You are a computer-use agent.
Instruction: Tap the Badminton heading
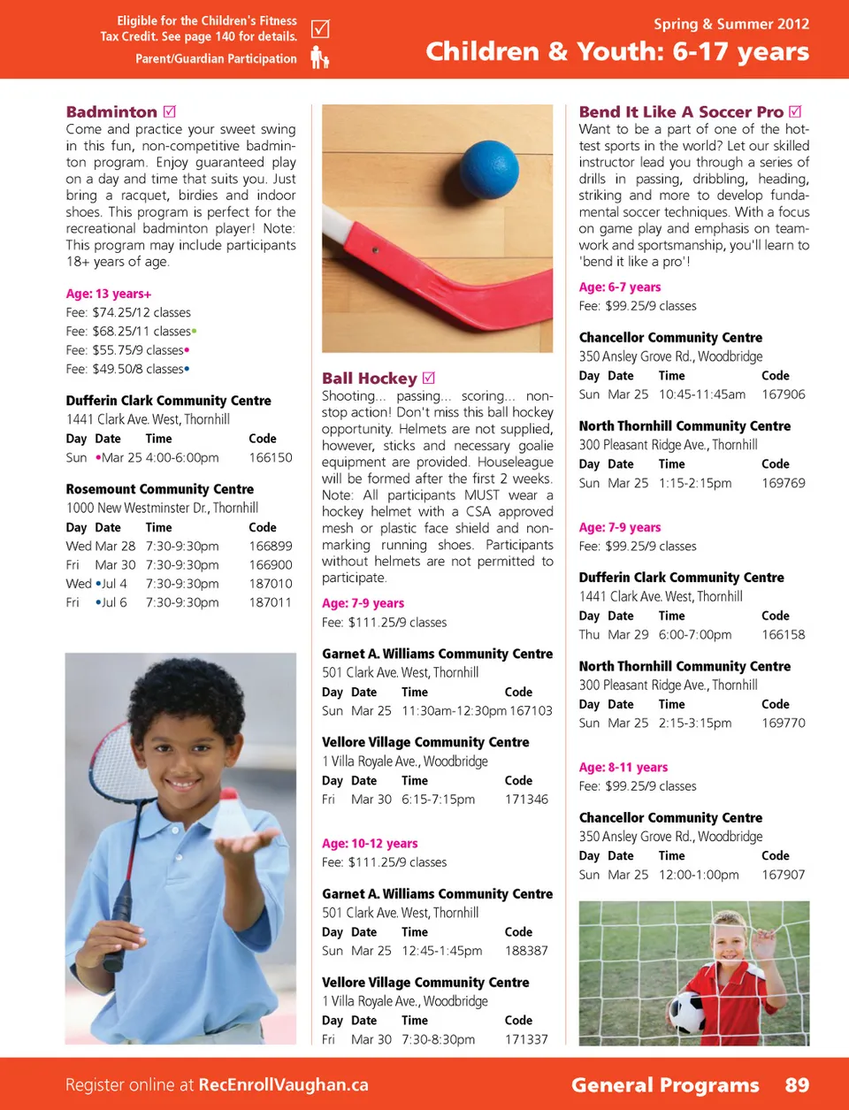(x=111, y=112)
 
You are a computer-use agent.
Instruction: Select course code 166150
(x=271, y=458)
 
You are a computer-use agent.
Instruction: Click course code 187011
(x=271, y=602)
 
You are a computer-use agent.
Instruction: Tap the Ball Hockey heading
(x=370, y=379)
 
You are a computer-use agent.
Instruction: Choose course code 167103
(x=531, y=711)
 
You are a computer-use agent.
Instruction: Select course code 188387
(x=526, y=951)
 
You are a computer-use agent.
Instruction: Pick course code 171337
(x=526, y=1039)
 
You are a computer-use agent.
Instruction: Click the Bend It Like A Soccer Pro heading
(x=681, y=112)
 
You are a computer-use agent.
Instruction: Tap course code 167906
(x=784, y=394)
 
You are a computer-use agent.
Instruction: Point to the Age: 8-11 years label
(x=623, y=768)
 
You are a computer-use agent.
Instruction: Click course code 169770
(x=784, y=723)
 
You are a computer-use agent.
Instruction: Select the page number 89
(x=797, y=1085)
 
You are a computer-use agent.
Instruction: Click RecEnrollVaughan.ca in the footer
(x=283, y=1085)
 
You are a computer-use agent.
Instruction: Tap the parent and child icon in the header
(x=319, y=58)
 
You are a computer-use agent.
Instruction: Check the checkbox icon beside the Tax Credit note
(x=320, y=28)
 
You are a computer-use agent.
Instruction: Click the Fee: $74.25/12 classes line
(x=128, y=312)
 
